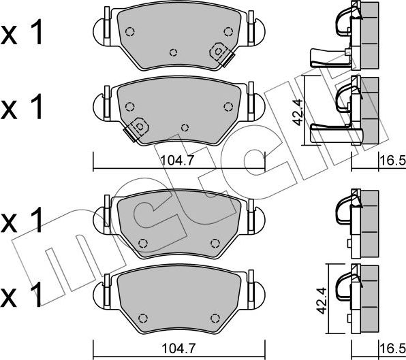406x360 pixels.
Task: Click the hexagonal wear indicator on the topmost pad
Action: tap(219, 51)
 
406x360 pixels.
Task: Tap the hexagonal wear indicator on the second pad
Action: tap(140, 126)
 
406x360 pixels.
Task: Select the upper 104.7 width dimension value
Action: tap(177, 161)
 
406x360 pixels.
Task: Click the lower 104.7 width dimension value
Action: tap(178, 348)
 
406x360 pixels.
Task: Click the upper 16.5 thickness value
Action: tap(392, 161)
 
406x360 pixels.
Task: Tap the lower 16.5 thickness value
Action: tap(392, 348)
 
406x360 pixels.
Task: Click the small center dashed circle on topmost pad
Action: tap(173, 52)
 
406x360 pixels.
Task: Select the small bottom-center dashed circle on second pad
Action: tap(185, 127)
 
